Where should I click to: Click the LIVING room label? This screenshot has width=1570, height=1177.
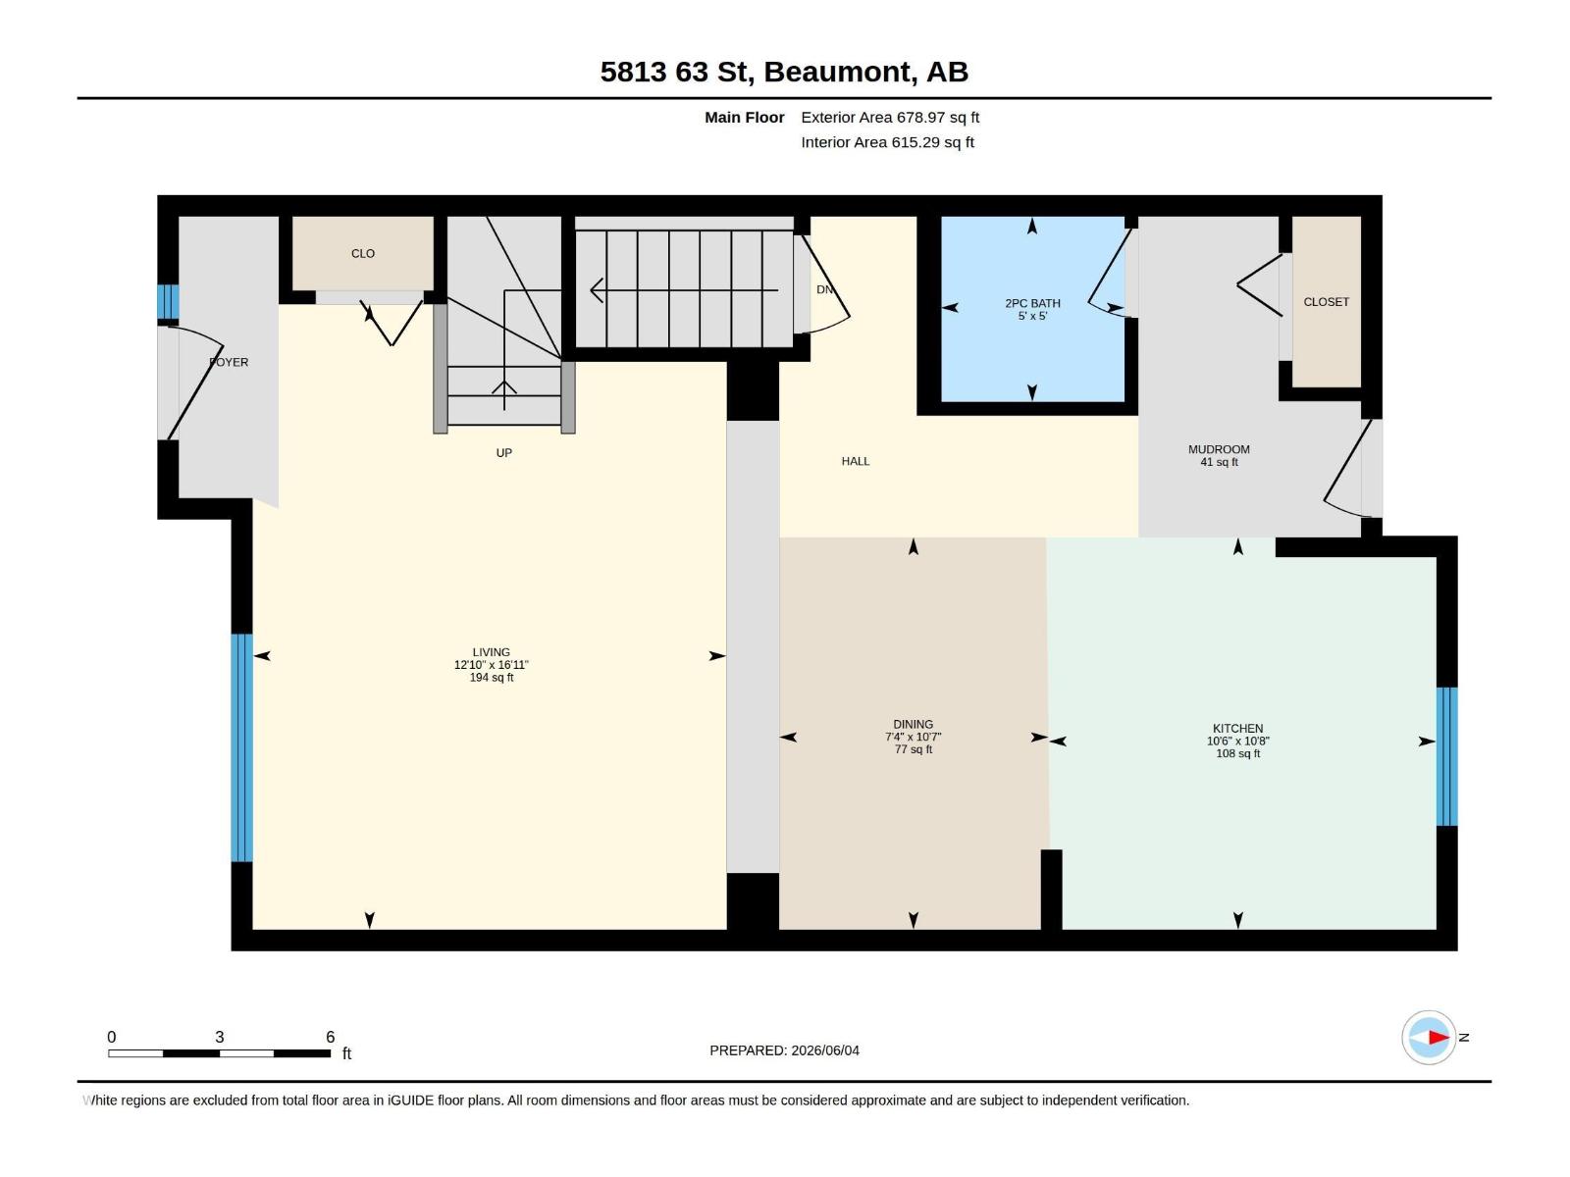click(x=491, y=651)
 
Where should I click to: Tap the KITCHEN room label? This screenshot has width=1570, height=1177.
click(x=1237, y=728)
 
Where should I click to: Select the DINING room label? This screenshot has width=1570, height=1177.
click(x=913, y=724)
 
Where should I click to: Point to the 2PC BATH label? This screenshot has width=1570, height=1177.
click(x=1032, y=303)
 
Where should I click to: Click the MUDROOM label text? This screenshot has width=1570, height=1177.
click(x=1219, y=449)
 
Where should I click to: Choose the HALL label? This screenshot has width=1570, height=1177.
click(x=856, y=462)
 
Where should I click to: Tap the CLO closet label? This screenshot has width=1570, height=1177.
click(x=363, y=254)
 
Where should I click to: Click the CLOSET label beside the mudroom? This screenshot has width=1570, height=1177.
click(x=1326, y=302)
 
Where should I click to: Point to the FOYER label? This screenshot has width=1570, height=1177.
click(x=229, y=362)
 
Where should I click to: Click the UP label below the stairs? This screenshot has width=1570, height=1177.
click(x=503, y=453)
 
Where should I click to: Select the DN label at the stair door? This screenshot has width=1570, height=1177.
click(x=824, y=289)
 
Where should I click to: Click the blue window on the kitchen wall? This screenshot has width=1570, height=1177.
click(x=1446, y=756)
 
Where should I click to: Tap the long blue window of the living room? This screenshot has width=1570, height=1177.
click(x=241, y=747)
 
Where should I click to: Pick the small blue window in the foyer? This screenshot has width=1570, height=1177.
click(x=168, y=301)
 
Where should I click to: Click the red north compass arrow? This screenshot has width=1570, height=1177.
click(x=1438, y=1037)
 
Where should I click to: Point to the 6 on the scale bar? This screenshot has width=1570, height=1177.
click(x=330, y=1037)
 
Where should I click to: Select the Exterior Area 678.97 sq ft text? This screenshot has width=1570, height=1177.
click(x=890, y=117)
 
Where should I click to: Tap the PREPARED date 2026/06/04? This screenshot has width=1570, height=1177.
click(x=824, y=1050)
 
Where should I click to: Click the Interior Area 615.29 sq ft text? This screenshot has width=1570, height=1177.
click(x=887, y=142)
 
